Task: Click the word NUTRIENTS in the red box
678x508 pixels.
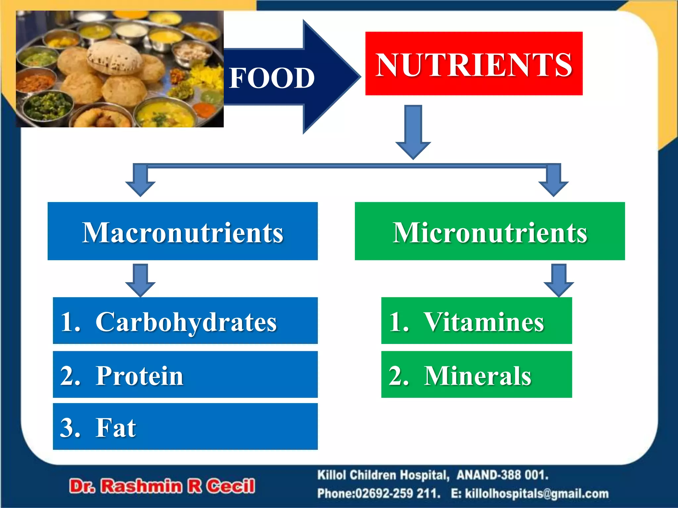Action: (x=474, y=64)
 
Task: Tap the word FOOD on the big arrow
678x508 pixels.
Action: (x=271, y=78)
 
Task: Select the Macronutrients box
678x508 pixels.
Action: (x=182, y=231)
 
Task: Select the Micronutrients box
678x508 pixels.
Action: (x=490, y=231)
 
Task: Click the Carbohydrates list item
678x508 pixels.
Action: (x=185, y=321)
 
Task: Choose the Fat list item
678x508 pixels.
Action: (x=185, y=427)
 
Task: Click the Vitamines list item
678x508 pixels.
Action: (x=476, y=321)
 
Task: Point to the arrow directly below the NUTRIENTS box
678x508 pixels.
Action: (x=413, y=132)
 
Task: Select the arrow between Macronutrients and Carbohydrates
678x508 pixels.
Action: (x=140, y=280)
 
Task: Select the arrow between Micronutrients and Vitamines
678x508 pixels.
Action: (x=559, y=280)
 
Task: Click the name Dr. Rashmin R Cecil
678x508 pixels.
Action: (x=162, y=486)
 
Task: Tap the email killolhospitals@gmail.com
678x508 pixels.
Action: (x=537, y=494)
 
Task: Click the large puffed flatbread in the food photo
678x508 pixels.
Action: (x=114, y=58)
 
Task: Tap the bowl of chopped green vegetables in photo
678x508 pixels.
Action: (x=50, y=106)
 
